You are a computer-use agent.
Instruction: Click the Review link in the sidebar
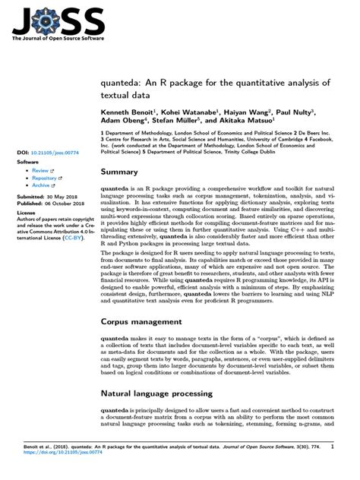[39, 171]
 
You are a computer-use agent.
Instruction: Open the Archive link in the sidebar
[41, 185]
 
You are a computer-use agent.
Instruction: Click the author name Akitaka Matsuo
[250, 119]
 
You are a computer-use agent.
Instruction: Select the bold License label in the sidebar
[27, 214]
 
